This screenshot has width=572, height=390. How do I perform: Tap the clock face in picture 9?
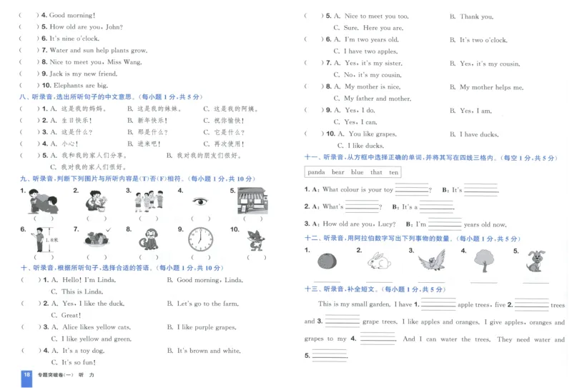pyautogui.click(x=202, y=239)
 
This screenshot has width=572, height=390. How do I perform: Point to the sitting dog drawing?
pyautogui.click(x=534, y=261)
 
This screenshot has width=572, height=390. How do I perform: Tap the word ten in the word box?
pyautogui.click(x=393, y=172)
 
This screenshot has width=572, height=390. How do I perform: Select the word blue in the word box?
pyautogui.click(x=357, y=172)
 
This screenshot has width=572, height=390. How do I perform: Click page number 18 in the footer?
pyautogui.click(x=26, y=376)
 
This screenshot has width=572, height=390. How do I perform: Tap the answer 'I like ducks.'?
pyautogui.click(x=365, y=146)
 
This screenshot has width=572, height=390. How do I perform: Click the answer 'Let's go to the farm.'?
pyautogui.click(x=207, y=304)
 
